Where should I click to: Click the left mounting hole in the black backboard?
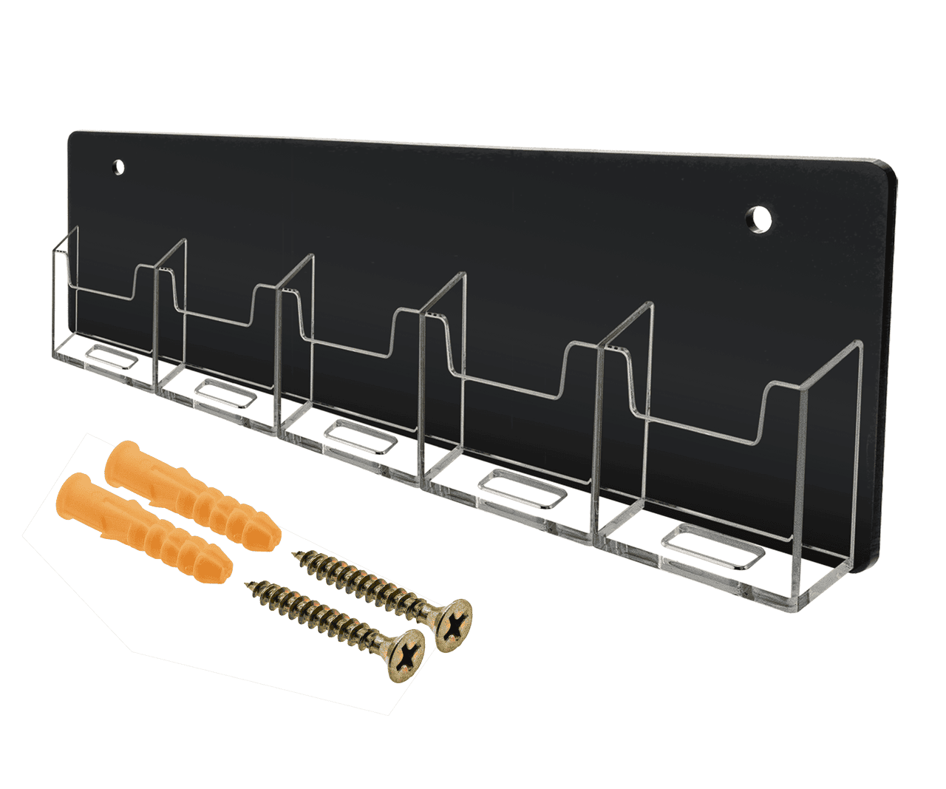(x=118, y=167)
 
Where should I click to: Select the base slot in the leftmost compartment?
(x=110, y=359)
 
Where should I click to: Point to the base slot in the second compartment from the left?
(x=226, y=393)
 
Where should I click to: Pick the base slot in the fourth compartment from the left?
(x=523, y=489)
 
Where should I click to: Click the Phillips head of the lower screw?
(x=406, y=654)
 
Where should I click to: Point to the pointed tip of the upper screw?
(x=298, y=555)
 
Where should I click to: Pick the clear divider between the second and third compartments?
(x=295, y=340)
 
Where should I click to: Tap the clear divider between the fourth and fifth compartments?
(x=625, y=414)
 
